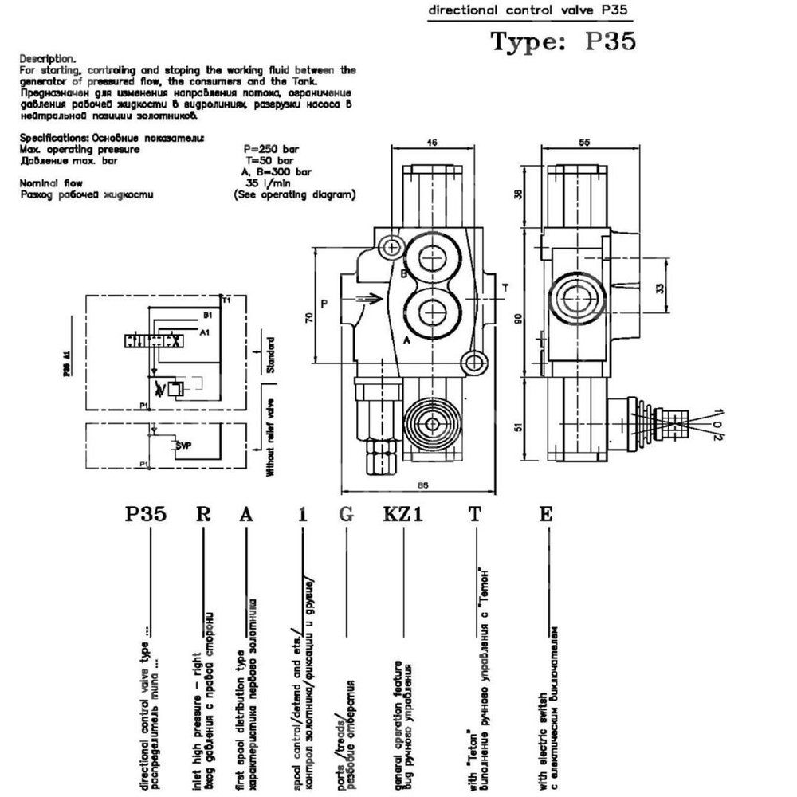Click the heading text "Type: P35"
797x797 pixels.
coord(563,41)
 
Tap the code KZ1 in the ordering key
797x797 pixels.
coord(402,515)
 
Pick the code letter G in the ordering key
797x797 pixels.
coord(346,515)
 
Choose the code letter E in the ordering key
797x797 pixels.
coord(545,515)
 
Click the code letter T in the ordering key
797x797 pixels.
coord(475,515)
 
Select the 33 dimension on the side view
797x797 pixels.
coord(658,289)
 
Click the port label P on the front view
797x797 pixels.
coord(324,304)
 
